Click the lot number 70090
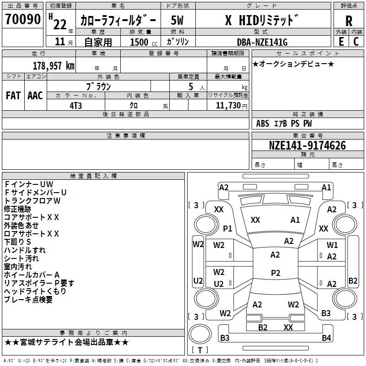23,19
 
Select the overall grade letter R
349,21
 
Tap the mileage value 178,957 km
54,66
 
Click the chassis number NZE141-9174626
307,145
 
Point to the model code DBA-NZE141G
262,42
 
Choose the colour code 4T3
75,106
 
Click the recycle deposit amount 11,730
228,106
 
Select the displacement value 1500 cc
144,42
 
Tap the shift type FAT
13,96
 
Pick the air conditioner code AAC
35,96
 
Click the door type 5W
177,20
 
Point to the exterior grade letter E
341,42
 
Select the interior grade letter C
356,42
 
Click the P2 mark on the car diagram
275,273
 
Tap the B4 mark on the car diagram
326,338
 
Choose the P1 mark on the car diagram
227,228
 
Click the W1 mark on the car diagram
332,245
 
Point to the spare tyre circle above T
200,334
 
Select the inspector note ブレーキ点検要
28,300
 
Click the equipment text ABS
263,124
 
